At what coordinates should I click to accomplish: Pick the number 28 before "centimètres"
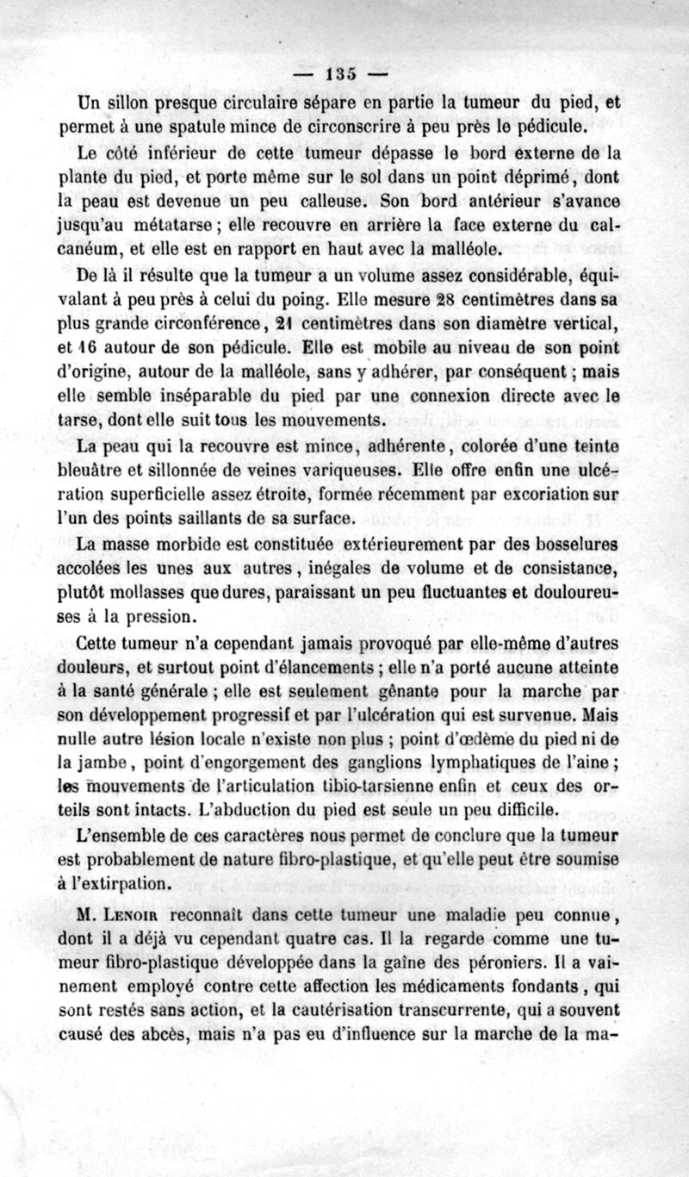pyautogui.click(x=444, y=301)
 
